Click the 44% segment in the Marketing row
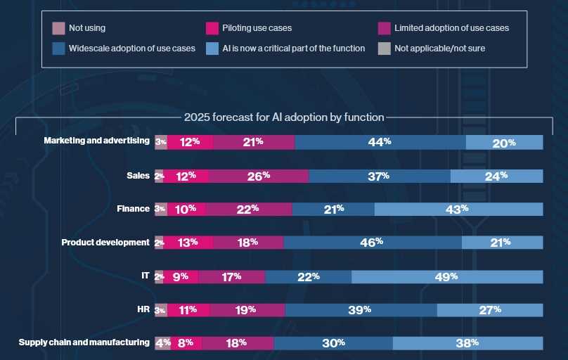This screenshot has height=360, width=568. [380, 142]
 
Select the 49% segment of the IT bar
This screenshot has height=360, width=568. [447, 277]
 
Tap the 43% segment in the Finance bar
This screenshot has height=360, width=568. [458, 209]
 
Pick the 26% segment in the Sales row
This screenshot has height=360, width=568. [259, 176]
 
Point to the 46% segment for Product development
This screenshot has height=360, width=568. [373, 243]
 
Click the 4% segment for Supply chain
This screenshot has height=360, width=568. [162, 343]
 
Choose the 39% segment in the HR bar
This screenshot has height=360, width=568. [361, 309]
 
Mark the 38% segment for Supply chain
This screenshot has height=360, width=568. [467, 343]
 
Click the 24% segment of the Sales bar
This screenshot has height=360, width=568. [496, 176]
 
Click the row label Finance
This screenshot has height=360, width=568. [133, 209]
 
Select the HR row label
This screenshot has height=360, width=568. [143, 309]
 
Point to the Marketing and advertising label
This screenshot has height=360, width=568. [96, 141]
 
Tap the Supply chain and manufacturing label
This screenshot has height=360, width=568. [84, 342]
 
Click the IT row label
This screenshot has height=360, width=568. [145, 276]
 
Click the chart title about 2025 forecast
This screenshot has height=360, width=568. [284, 117]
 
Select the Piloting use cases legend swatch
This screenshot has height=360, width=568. [211, 29]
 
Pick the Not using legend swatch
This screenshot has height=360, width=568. [59, 29]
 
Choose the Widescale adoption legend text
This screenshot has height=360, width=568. [132, 49]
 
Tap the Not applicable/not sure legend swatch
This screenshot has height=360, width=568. [384, 49]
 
